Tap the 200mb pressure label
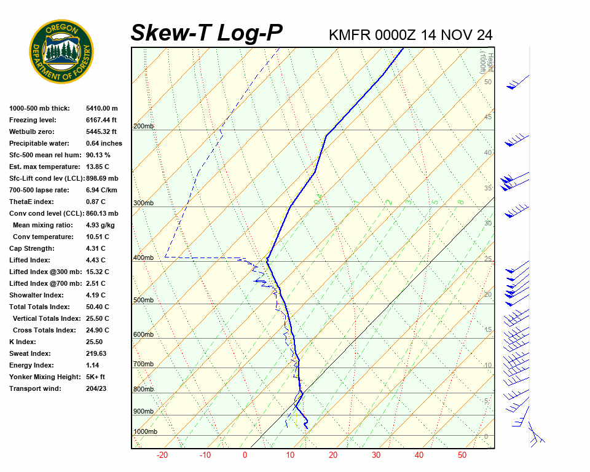[x=144, y=126]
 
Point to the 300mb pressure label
[x=144, y=203]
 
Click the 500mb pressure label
[x=144, y=300]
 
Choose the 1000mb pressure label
[x=146, y=431]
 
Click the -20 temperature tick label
[x=162, y=455]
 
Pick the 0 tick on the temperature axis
[x=245, y=455]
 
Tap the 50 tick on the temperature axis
[x=462, y=455]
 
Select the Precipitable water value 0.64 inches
[x=104, y=143]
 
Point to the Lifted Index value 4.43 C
[x=97, y=260]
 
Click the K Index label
[x=23, y=342]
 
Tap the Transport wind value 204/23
[x=97, y=388]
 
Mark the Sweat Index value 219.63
[x=96, y=353]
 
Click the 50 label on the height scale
[x=488, y=82]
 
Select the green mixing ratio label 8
[x=460, y=202]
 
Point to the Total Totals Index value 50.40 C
[x=98, y=307]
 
